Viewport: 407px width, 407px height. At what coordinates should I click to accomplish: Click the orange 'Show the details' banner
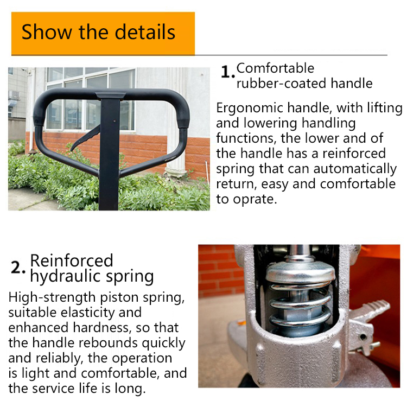click(103, 33)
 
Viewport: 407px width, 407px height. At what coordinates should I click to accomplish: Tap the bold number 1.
click(227, 72)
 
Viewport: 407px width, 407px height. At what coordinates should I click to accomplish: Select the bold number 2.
click(18, 267)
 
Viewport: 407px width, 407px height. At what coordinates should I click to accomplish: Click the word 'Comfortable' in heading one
click(275, 68)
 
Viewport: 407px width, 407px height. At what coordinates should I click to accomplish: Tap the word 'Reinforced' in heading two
click(72, 260)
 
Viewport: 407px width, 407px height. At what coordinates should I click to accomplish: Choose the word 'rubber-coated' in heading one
click(270, 83)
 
